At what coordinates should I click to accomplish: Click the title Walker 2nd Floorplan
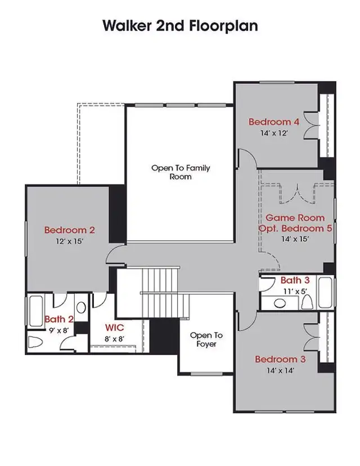180,26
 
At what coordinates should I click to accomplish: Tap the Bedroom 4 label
274,122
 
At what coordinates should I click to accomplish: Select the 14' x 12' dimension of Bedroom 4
274,133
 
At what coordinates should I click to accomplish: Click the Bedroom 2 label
69,230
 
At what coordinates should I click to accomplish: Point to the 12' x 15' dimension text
69,241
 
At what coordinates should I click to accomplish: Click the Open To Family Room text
180,172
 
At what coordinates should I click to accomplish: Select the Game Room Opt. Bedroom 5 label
295,223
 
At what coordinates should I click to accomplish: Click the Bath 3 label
295,280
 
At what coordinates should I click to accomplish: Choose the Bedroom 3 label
280,359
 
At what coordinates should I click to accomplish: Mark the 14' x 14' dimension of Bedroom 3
280,370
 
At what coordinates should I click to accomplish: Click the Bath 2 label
58,320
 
